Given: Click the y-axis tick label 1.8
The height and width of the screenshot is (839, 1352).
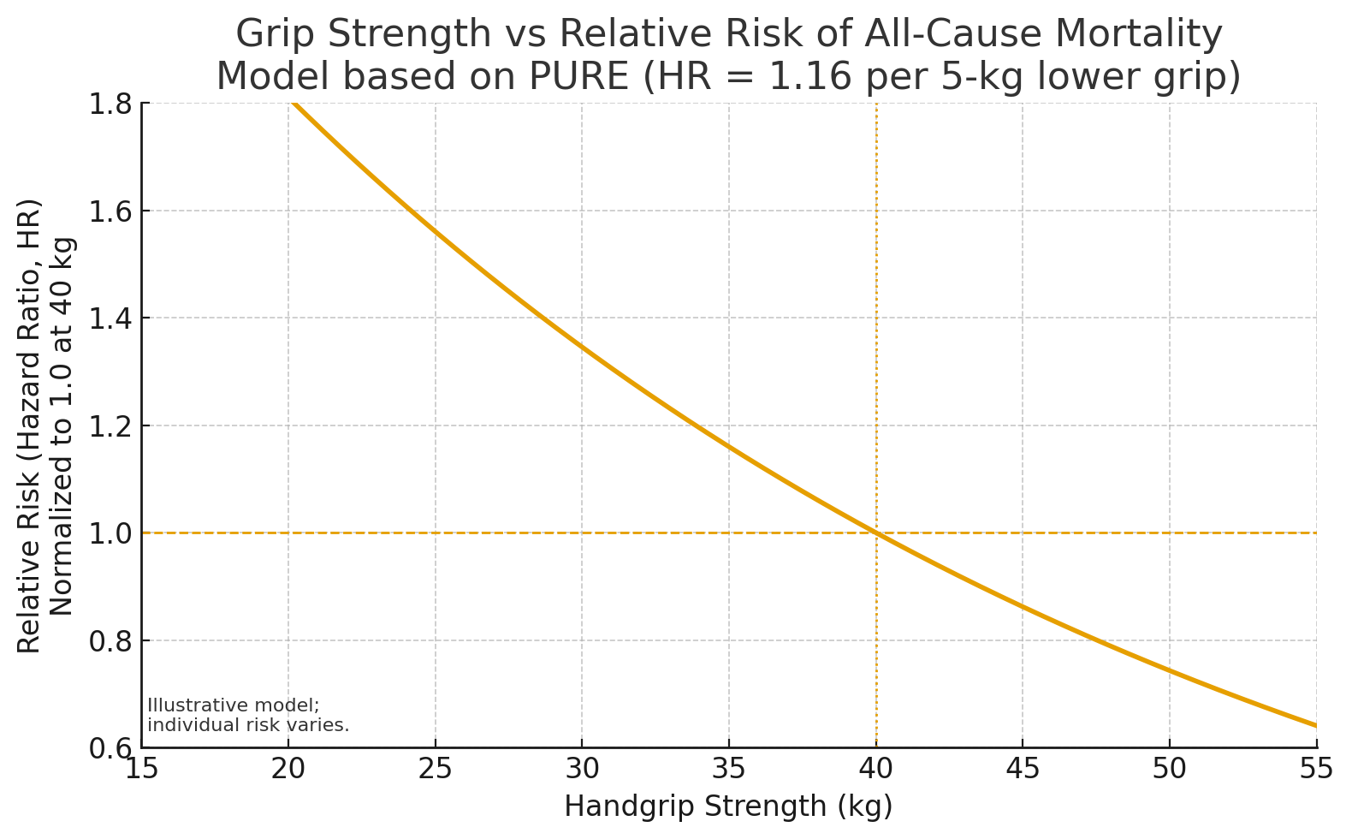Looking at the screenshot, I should (x=110, y=104).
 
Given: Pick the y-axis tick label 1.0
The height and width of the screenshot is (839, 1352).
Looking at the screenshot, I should (x=110, y=533).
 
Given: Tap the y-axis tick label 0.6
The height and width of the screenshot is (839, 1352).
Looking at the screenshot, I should (x=110, y=748).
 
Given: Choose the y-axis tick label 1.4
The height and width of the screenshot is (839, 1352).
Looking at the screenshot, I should (x=110, y=318).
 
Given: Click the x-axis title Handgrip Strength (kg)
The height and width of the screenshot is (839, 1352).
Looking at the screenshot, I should (x=728, y=806).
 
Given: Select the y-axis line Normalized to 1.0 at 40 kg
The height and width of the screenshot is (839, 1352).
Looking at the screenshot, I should (x=62, y=425).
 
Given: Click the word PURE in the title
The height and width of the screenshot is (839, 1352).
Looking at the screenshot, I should (x=583, y=76).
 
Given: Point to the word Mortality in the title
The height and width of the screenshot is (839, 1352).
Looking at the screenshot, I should (x=1138, y=35).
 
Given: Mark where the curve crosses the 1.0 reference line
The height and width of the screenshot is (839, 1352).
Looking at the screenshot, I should (x=876, y=533).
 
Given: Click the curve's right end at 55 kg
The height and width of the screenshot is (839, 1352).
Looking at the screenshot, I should (x=1315, y=725).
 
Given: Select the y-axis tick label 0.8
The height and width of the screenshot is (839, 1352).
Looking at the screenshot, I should (x=110, y=640).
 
